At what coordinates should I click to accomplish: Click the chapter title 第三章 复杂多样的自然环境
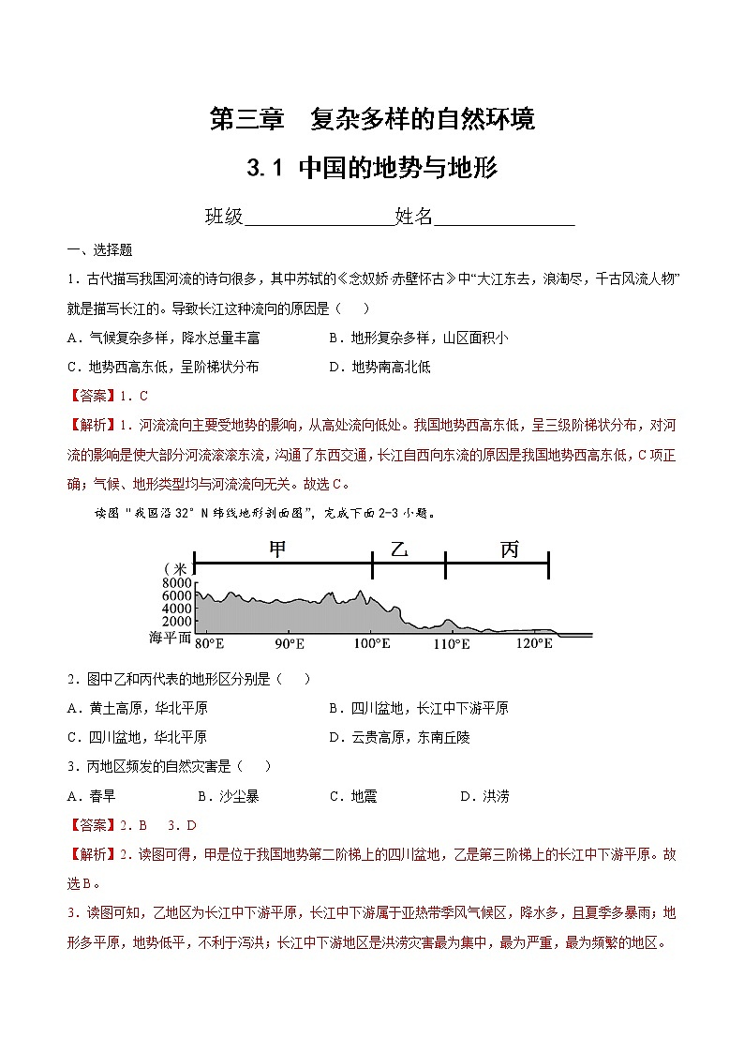tap(372, 119)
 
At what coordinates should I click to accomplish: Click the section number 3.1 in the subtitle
tap(264, 169)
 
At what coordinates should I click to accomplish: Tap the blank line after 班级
tap(319, 218)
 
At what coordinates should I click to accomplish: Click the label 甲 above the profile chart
tap(278, 549)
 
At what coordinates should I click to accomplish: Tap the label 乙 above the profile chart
tap(401, 549)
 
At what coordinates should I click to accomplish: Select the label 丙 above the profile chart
tap(509, 549)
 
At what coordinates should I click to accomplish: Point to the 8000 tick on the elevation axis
tap(176, 582)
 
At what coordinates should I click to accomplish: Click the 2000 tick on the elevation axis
tap(176, 621)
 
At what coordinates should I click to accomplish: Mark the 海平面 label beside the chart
tap(169, 638)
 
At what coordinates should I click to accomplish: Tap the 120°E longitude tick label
tap(535, 644)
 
